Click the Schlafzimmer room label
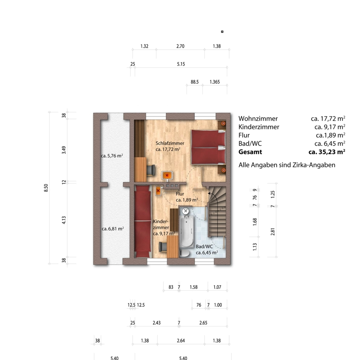click(x=170, y=143)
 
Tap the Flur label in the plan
click(x=180, y=194)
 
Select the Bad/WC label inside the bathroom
click(x=204, y=247)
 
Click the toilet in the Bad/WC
click(x=185, y=253)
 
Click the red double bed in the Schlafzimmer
click(x=208, y=147)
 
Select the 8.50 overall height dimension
click(x=46, y=188)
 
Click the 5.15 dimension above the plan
click(x=181, y=64)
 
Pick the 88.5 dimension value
click(x=195, y=82)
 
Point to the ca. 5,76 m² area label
click(x=112, y=156)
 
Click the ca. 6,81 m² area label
click(x=113, y=229)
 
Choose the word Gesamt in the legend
click(x=250, y=152)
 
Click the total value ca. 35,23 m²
click(x=327, y=152)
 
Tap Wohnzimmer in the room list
click(x=258, y=118)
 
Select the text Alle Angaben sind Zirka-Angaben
click(x=287, y=165)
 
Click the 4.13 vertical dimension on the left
click(x=64, y=220)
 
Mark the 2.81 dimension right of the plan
click(x=273, y=232)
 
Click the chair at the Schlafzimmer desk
click(x=151, y=170)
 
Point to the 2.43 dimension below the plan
click(x=157, y=323)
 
